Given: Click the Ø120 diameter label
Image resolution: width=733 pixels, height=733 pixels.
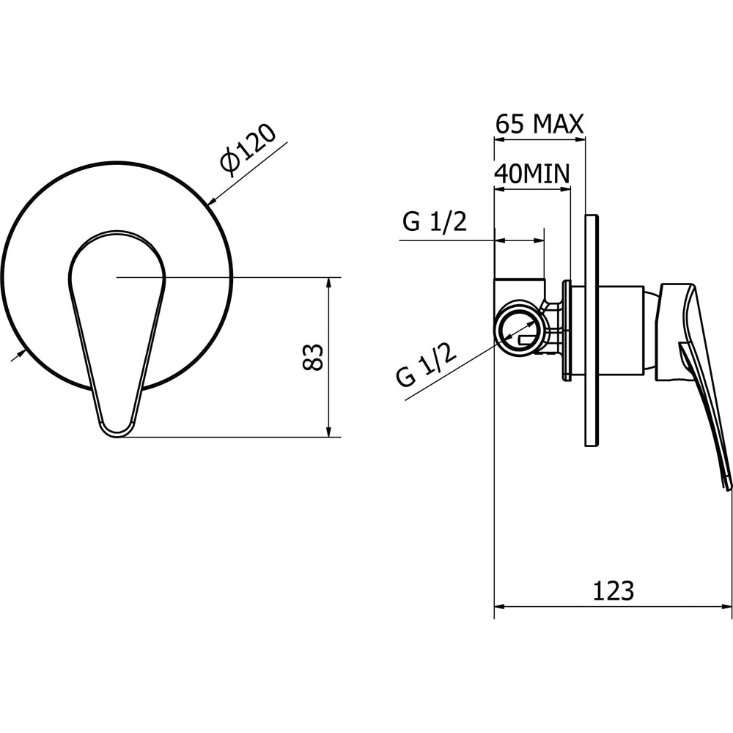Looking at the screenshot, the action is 248,150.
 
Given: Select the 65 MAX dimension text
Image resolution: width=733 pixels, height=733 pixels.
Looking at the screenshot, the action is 539,125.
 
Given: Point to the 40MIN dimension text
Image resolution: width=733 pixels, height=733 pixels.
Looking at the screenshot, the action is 532,174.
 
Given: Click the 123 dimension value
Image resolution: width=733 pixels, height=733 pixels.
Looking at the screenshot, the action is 614,591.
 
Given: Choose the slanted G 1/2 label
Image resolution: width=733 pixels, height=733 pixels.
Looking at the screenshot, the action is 426,364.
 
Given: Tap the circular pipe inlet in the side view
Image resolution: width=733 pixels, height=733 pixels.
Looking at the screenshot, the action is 519,332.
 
